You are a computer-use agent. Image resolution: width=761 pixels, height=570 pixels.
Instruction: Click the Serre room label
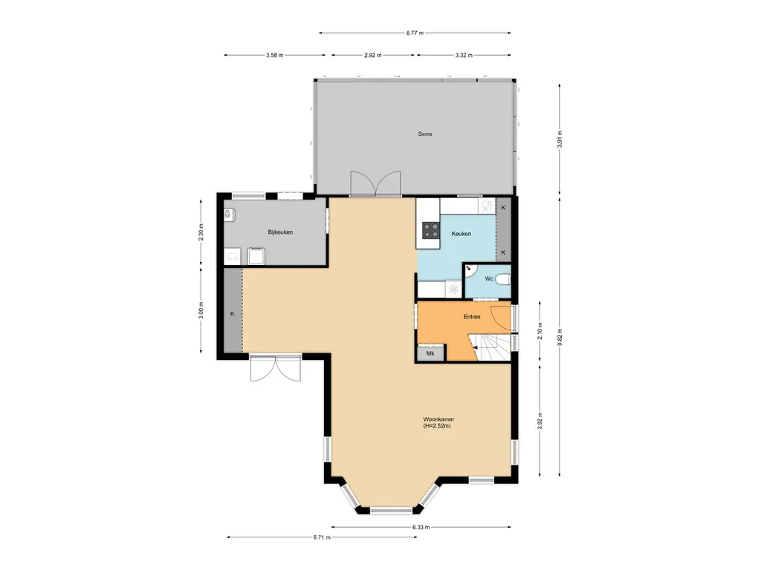424,134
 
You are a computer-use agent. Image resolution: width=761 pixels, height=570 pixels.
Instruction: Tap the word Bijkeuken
280,232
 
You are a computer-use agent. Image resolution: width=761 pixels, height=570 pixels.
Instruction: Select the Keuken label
461,234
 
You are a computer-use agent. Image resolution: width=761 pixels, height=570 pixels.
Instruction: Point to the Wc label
488,279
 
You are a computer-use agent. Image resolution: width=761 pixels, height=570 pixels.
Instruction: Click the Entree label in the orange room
471,317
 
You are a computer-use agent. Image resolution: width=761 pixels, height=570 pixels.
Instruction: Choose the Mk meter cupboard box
430,354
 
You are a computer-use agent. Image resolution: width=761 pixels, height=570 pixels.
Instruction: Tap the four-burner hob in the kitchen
430,230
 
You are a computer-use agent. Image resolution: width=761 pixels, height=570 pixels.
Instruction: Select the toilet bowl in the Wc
503,280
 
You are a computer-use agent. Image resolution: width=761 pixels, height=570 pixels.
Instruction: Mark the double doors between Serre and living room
375,183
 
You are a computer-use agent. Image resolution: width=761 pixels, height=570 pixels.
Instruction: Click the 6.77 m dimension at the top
415,33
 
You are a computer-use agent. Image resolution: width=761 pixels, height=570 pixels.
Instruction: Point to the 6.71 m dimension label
322,537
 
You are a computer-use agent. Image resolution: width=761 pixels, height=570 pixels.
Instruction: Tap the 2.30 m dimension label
201,232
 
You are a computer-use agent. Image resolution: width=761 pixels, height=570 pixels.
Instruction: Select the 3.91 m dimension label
560,139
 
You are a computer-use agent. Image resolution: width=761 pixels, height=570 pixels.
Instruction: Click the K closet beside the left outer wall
232,314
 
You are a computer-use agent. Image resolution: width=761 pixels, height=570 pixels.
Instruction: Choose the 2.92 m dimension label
373,55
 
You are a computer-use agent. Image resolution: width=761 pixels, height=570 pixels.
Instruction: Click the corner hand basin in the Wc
470,272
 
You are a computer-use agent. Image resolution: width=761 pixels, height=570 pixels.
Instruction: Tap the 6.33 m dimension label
421,527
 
